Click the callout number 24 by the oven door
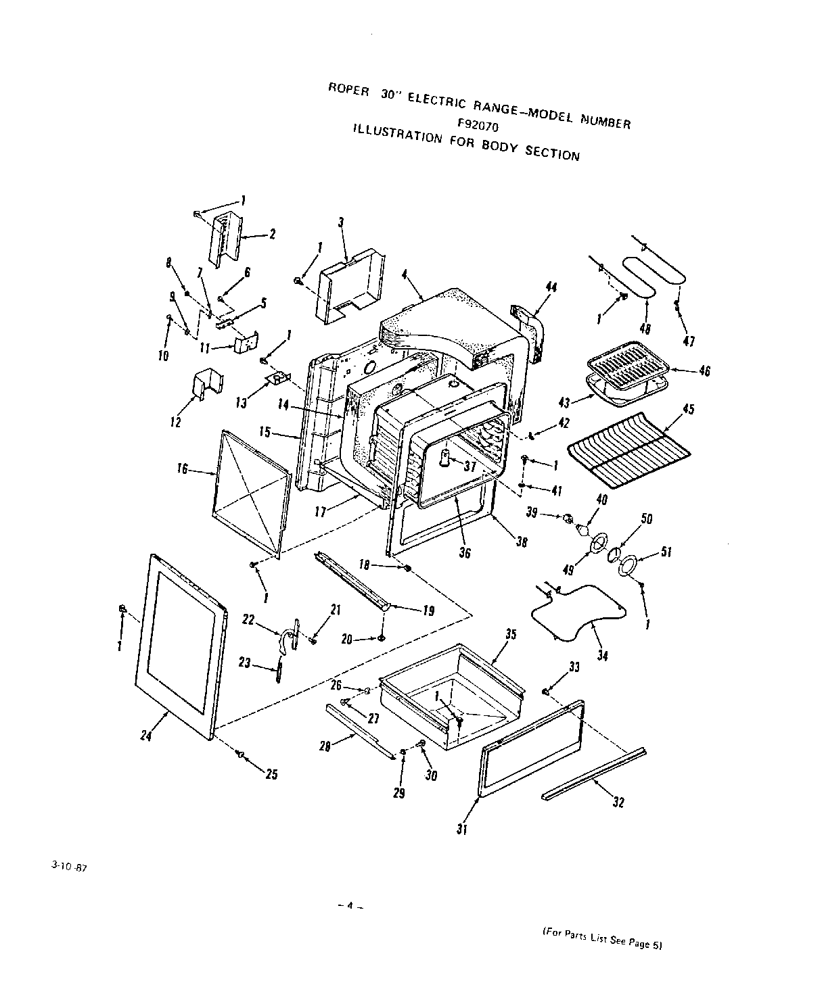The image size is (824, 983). point(146,736)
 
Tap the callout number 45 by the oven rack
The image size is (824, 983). point(689,410)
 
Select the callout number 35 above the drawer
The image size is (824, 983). point(511,634)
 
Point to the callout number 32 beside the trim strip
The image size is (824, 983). point(618,802)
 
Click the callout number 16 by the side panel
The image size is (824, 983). point(182,468)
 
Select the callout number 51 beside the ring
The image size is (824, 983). point(666,552)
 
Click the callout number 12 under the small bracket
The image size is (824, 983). point(176,423)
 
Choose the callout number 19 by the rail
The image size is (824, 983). point(428,611)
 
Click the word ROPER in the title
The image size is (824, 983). point(348,89)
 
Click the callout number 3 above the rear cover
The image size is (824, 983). point(341,222)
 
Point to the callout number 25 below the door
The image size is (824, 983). point(271,775)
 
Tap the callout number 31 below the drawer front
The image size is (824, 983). point(462,830)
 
